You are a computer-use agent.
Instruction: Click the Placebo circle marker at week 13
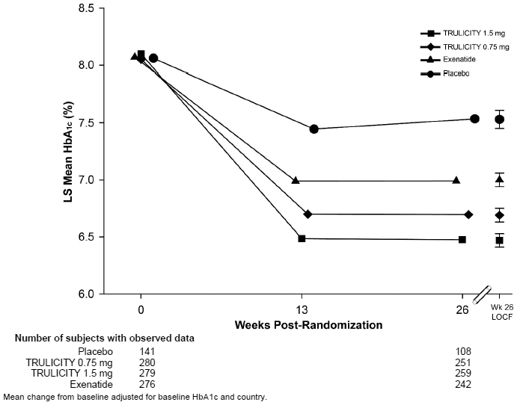tap(313, 129)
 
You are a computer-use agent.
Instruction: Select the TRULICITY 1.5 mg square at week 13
tap(302, 238)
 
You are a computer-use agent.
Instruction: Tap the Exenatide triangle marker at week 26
tap(456, 180)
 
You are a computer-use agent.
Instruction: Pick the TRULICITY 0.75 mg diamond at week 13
tap(308, 214)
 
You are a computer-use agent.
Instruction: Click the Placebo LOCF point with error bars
tap(499, 119)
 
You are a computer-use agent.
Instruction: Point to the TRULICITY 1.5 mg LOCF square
tap(499, 240)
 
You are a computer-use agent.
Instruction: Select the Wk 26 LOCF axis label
tap(501, 312)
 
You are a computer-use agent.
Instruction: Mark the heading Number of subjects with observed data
tap(105, 338)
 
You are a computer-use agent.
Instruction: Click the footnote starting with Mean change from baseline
tap(135, 397)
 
